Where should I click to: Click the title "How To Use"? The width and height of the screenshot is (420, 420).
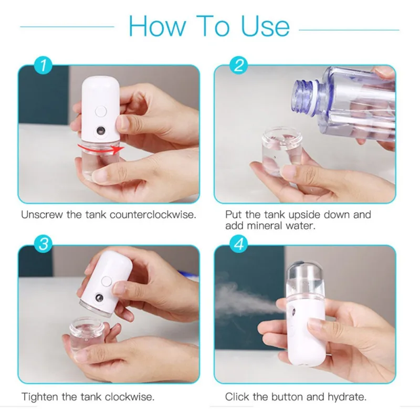click(209, 26)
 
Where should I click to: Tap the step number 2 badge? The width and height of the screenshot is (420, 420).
click(239, 66)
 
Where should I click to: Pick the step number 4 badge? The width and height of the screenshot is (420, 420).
click(239, 245)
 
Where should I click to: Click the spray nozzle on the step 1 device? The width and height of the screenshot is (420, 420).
click(99, 130)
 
